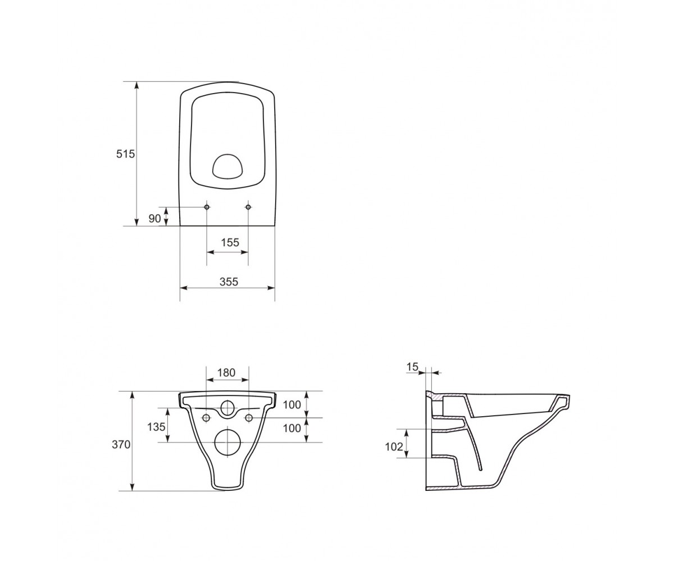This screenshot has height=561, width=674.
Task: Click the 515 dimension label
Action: (125, 154)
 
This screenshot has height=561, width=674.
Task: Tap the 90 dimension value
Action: (154, 219)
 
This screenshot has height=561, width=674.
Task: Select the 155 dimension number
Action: (230, 242)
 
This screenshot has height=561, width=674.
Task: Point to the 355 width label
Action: (229, 282)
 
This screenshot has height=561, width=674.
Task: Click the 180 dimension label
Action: (226, 373)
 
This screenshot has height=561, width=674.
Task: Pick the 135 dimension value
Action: (156, 427)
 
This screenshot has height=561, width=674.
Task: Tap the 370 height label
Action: (121, 445)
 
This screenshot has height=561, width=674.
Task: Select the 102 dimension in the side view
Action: (394, 447)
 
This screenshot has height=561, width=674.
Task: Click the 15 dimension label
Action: (412, 366)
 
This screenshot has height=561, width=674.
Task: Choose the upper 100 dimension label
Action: (292, 404)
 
